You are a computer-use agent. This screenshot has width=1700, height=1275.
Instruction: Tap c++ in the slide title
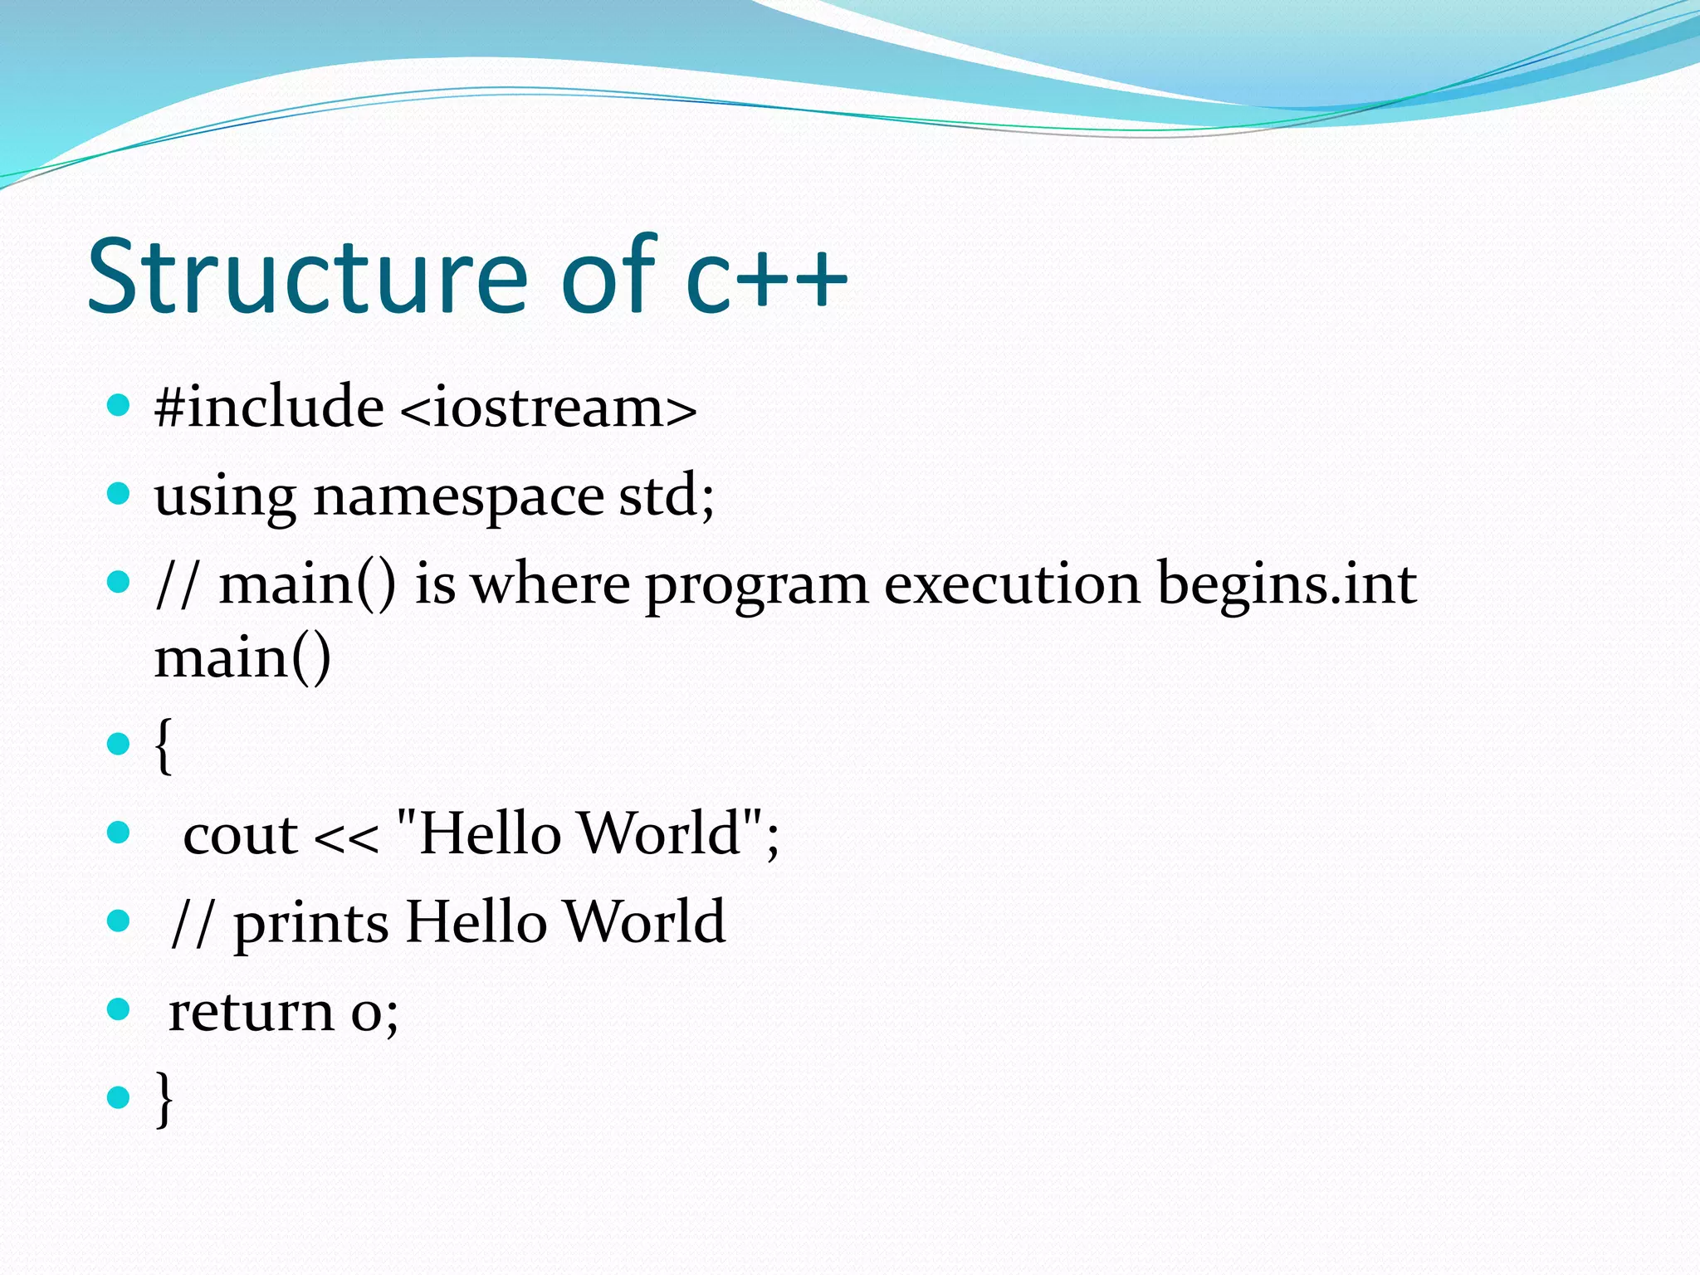pos(766,278)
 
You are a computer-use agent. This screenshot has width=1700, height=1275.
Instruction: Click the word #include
pos(269,408)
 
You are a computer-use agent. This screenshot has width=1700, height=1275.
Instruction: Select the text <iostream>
pos(548,408)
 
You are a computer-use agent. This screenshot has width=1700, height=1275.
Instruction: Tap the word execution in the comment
pos(1012,584)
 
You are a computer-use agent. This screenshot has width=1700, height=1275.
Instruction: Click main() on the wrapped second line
pos(243,658)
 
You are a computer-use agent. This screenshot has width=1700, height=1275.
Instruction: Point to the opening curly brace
pos(164,745)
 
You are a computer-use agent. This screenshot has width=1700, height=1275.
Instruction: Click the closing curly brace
pos(164,1098)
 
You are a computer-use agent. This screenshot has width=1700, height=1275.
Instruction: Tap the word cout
pos(240,834)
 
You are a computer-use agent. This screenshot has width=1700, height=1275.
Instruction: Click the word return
pos(251,1012)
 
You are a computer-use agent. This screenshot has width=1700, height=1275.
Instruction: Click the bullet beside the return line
pos(120,1009)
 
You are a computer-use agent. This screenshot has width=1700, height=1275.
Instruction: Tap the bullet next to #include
pos(120,406)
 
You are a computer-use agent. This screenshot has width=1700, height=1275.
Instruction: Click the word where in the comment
pos(550,584)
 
